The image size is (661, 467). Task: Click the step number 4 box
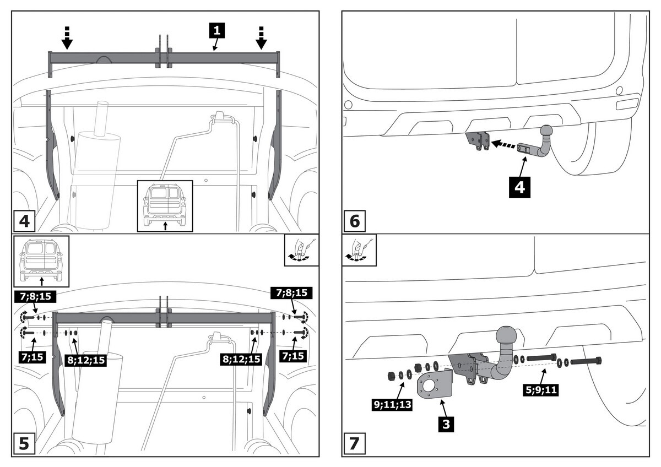click(24, 221)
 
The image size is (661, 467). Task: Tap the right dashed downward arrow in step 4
click(261, 37)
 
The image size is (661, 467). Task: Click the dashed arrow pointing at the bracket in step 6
click(506, 144)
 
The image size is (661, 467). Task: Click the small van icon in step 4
click(165, 204)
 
